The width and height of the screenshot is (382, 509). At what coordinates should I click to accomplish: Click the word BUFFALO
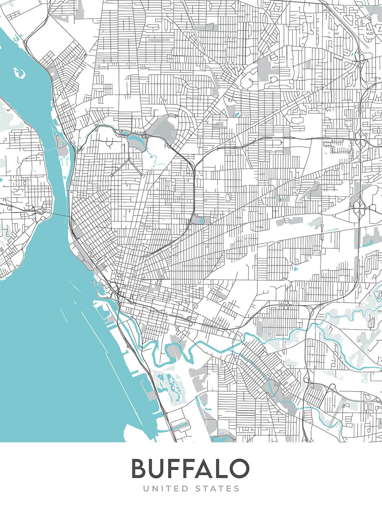point(190,468)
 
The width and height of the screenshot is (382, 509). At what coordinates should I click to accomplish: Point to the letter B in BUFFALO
point(140,468)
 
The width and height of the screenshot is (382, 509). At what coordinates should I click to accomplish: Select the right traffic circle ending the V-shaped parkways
point(141,174)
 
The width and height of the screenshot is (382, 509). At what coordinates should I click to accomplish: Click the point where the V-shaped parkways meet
point(127,160)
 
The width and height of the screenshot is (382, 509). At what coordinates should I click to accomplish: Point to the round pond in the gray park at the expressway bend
point(201,221)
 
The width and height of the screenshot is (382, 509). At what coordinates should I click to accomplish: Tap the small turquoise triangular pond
point(295,268)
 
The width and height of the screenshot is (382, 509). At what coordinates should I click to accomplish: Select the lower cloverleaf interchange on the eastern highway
point(359,208)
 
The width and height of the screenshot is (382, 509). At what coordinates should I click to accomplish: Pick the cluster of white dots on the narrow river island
point(65,161)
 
